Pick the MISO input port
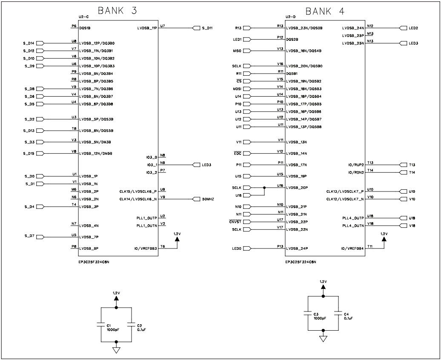tap(247, 51)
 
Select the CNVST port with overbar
tap(247, 222)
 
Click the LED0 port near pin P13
tap(247, 249)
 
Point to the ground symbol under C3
tap(323, 339)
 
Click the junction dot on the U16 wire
tap(264, 188)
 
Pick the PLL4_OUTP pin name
tap(353, 218)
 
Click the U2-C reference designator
tap(83, 17)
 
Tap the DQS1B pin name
tap(85, 28)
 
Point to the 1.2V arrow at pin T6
tap(177, 240)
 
